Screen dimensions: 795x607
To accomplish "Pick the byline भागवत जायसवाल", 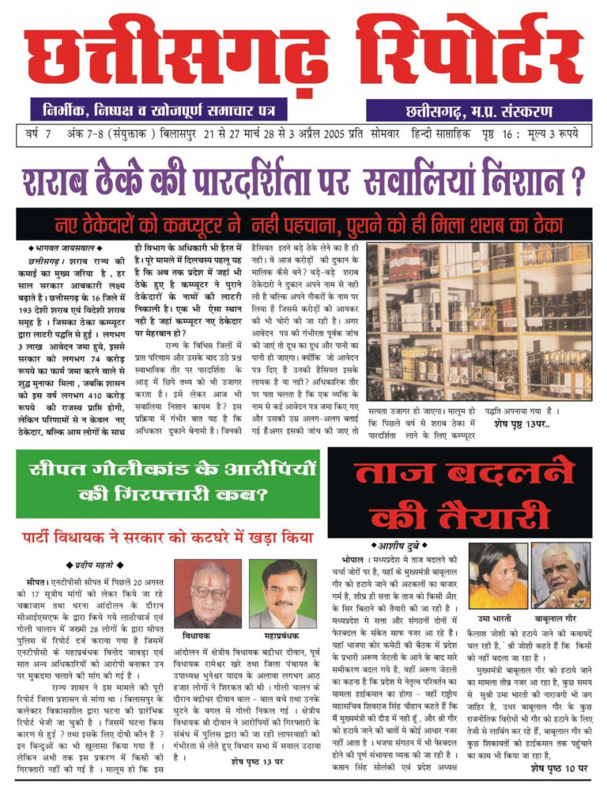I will [x=62, y=248].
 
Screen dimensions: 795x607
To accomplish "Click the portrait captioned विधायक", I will [x=207, y=594].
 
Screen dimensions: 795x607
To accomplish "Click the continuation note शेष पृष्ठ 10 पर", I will [x=559, y=767].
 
